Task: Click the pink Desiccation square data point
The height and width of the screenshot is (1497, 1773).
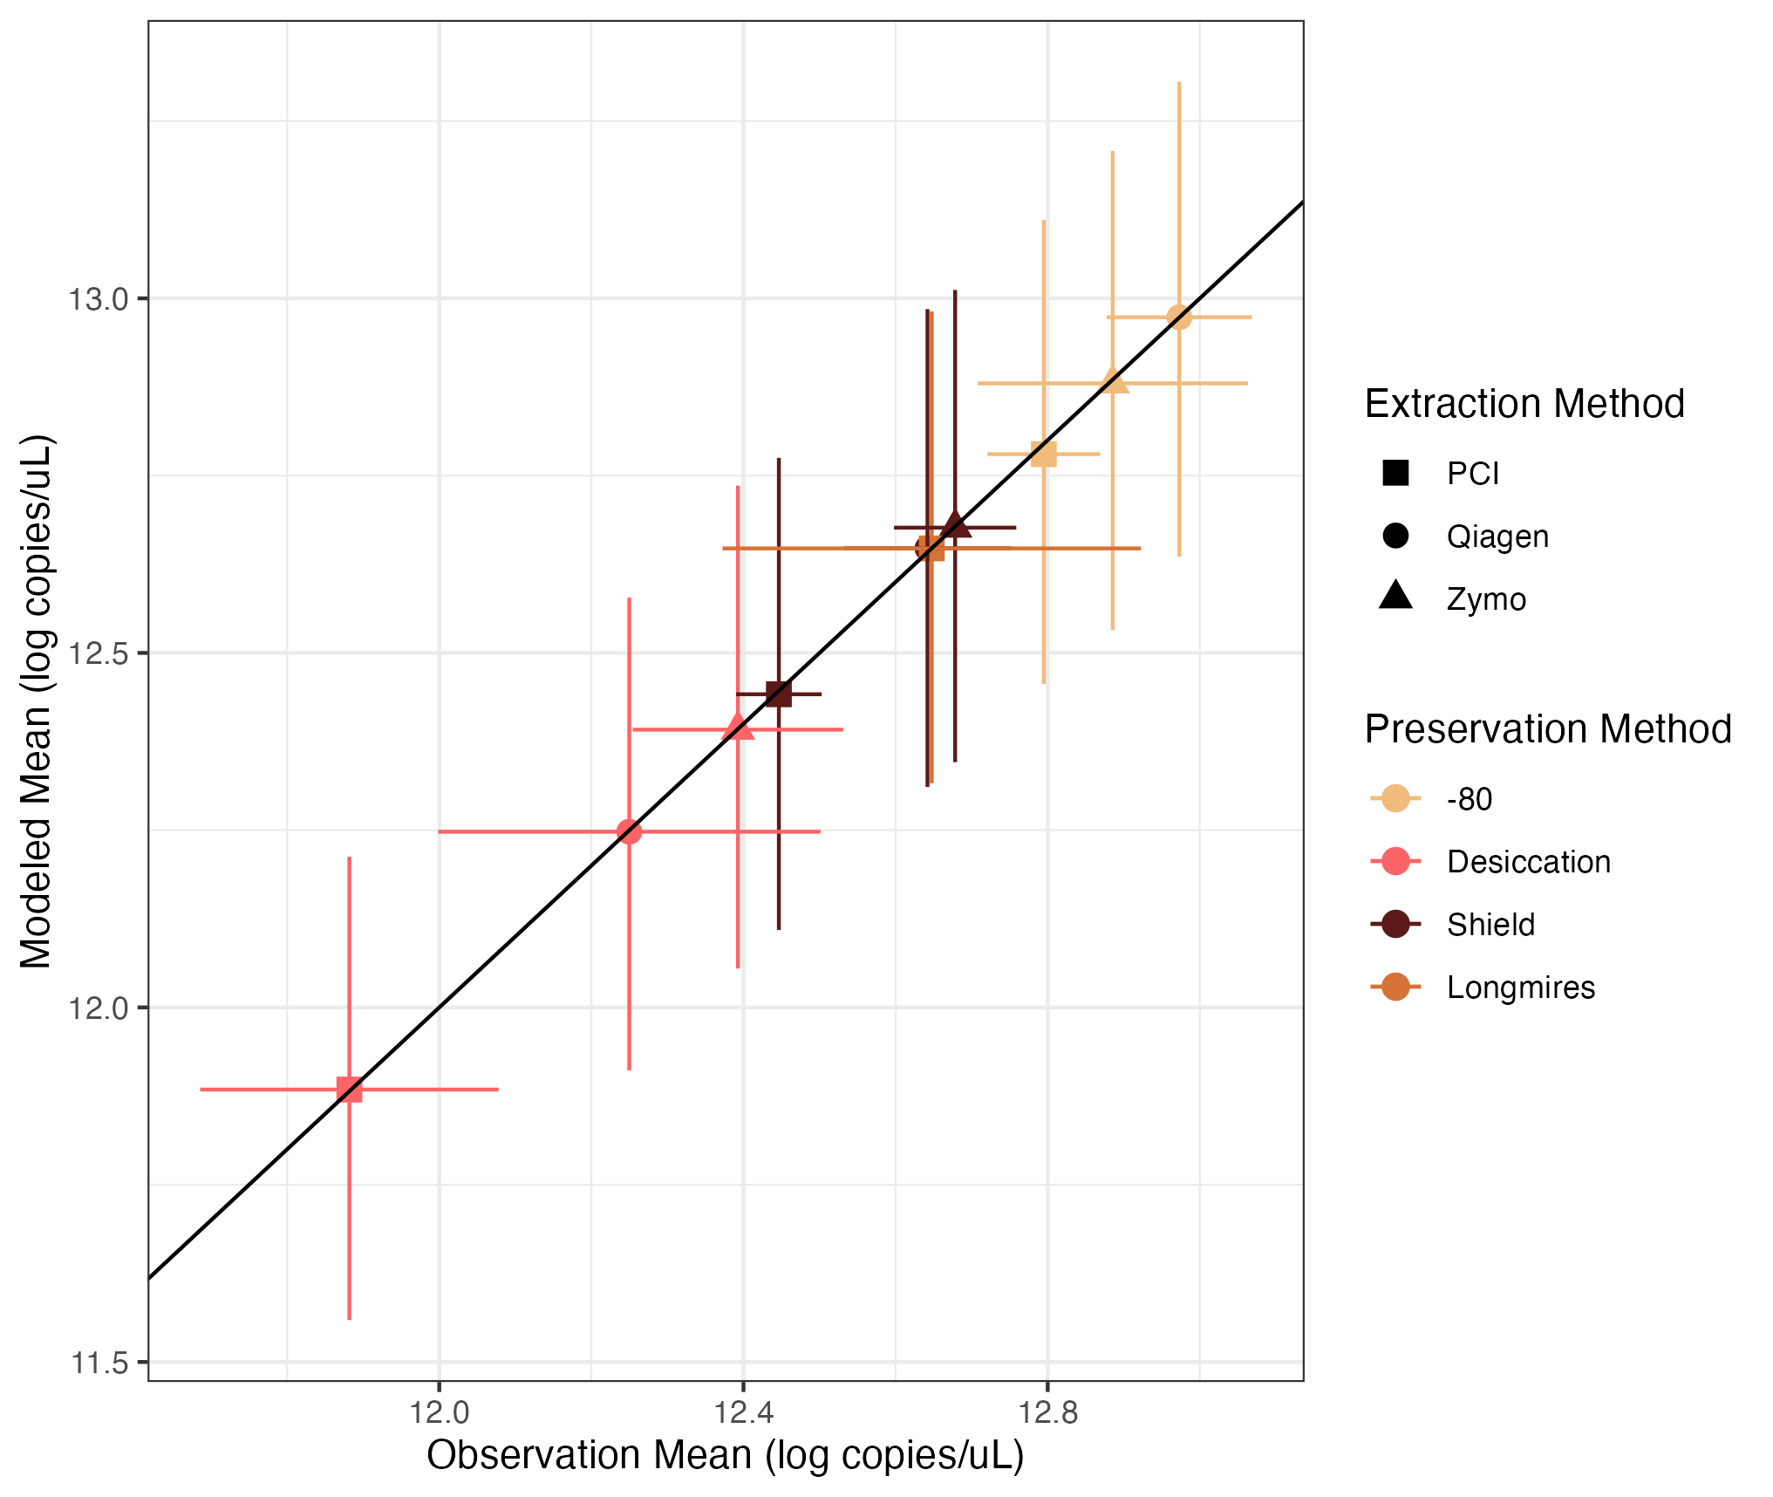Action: (349, 1090)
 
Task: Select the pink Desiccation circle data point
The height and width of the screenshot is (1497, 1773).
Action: (629, 831)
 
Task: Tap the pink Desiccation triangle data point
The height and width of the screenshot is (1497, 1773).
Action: (739, 727)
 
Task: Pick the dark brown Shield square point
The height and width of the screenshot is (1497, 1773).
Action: (779, 694)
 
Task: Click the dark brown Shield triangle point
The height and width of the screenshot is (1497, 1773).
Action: (956, 525)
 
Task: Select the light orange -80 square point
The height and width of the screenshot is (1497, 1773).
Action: (1044, 454)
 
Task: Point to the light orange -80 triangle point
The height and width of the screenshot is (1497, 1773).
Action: (1114, 381)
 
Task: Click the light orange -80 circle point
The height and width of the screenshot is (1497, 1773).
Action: (1179, 317)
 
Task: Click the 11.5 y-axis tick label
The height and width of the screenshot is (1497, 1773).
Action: (98, 1363)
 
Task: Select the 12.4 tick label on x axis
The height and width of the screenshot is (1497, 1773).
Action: (743, 1412)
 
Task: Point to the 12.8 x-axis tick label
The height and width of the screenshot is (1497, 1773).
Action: (1047, 1412)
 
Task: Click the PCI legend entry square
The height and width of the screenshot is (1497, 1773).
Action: (1395, 473)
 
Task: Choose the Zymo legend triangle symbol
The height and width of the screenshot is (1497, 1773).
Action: (1395, 597)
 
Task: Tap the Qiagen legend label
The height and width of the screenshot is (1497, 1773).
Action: (1497, 537)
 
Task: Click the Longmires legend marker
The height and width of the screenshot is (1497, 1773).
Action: (1395, 988)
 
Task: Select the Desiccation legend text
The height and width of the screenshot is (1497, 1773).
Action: (1528, 862)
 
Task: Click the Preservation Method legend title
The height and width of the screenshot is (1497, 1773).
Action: (1547, 729)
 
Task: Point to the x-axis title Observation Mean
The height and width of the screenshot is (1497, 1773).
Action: (725, 1455)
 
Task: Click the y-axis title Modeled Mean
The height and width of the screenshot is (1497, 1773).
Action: (37, 701)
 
